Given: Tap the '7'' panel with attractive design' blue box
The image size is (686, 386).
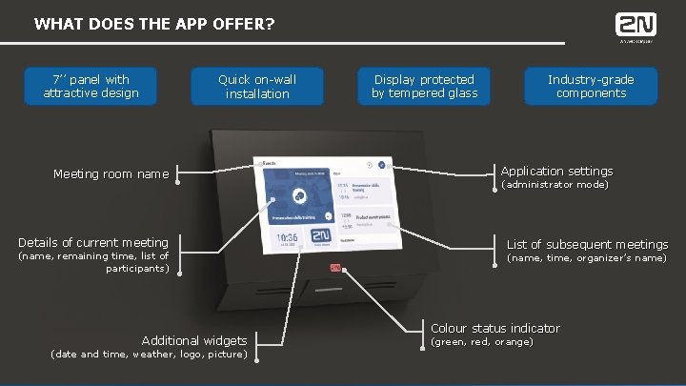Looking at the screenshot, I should (x=91, y=86).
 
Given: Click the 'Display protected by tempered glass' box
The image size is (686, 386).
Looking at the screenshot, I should (x=424, y=86).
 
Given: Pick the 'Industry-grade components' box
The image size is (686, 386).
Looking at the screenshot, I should (x=591, y=86).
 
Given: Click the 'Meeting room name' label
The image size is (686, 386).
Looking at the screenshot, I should (x=111, y=173).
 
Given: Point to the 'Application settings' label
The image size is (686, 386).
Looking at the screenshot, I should (x=557, y=171).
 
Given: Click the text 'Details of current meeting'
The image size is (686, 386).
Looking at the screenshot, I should (x=93, y=242).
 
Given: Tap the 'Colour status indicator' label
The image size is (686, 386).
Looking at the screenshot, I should (x=495, y=328).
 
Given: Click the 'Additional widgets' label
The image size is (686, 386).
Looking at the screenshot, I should (x=194, y=340).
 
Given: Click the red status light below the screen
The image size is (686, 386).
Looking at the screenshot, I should (x=335, y=268).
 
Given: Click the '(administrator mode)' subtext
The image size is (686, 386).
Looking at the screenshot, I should (x=555, y=184).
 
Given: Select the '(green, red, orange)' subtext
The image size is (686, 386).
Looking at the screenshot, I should (x=482, y=341).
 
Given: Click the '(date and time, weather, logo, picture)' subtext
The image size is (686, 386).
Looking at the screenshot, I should (x=148, y=355).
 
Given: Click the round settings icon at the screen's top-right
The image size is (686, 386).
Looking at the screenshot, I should (x=381, y=165).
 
